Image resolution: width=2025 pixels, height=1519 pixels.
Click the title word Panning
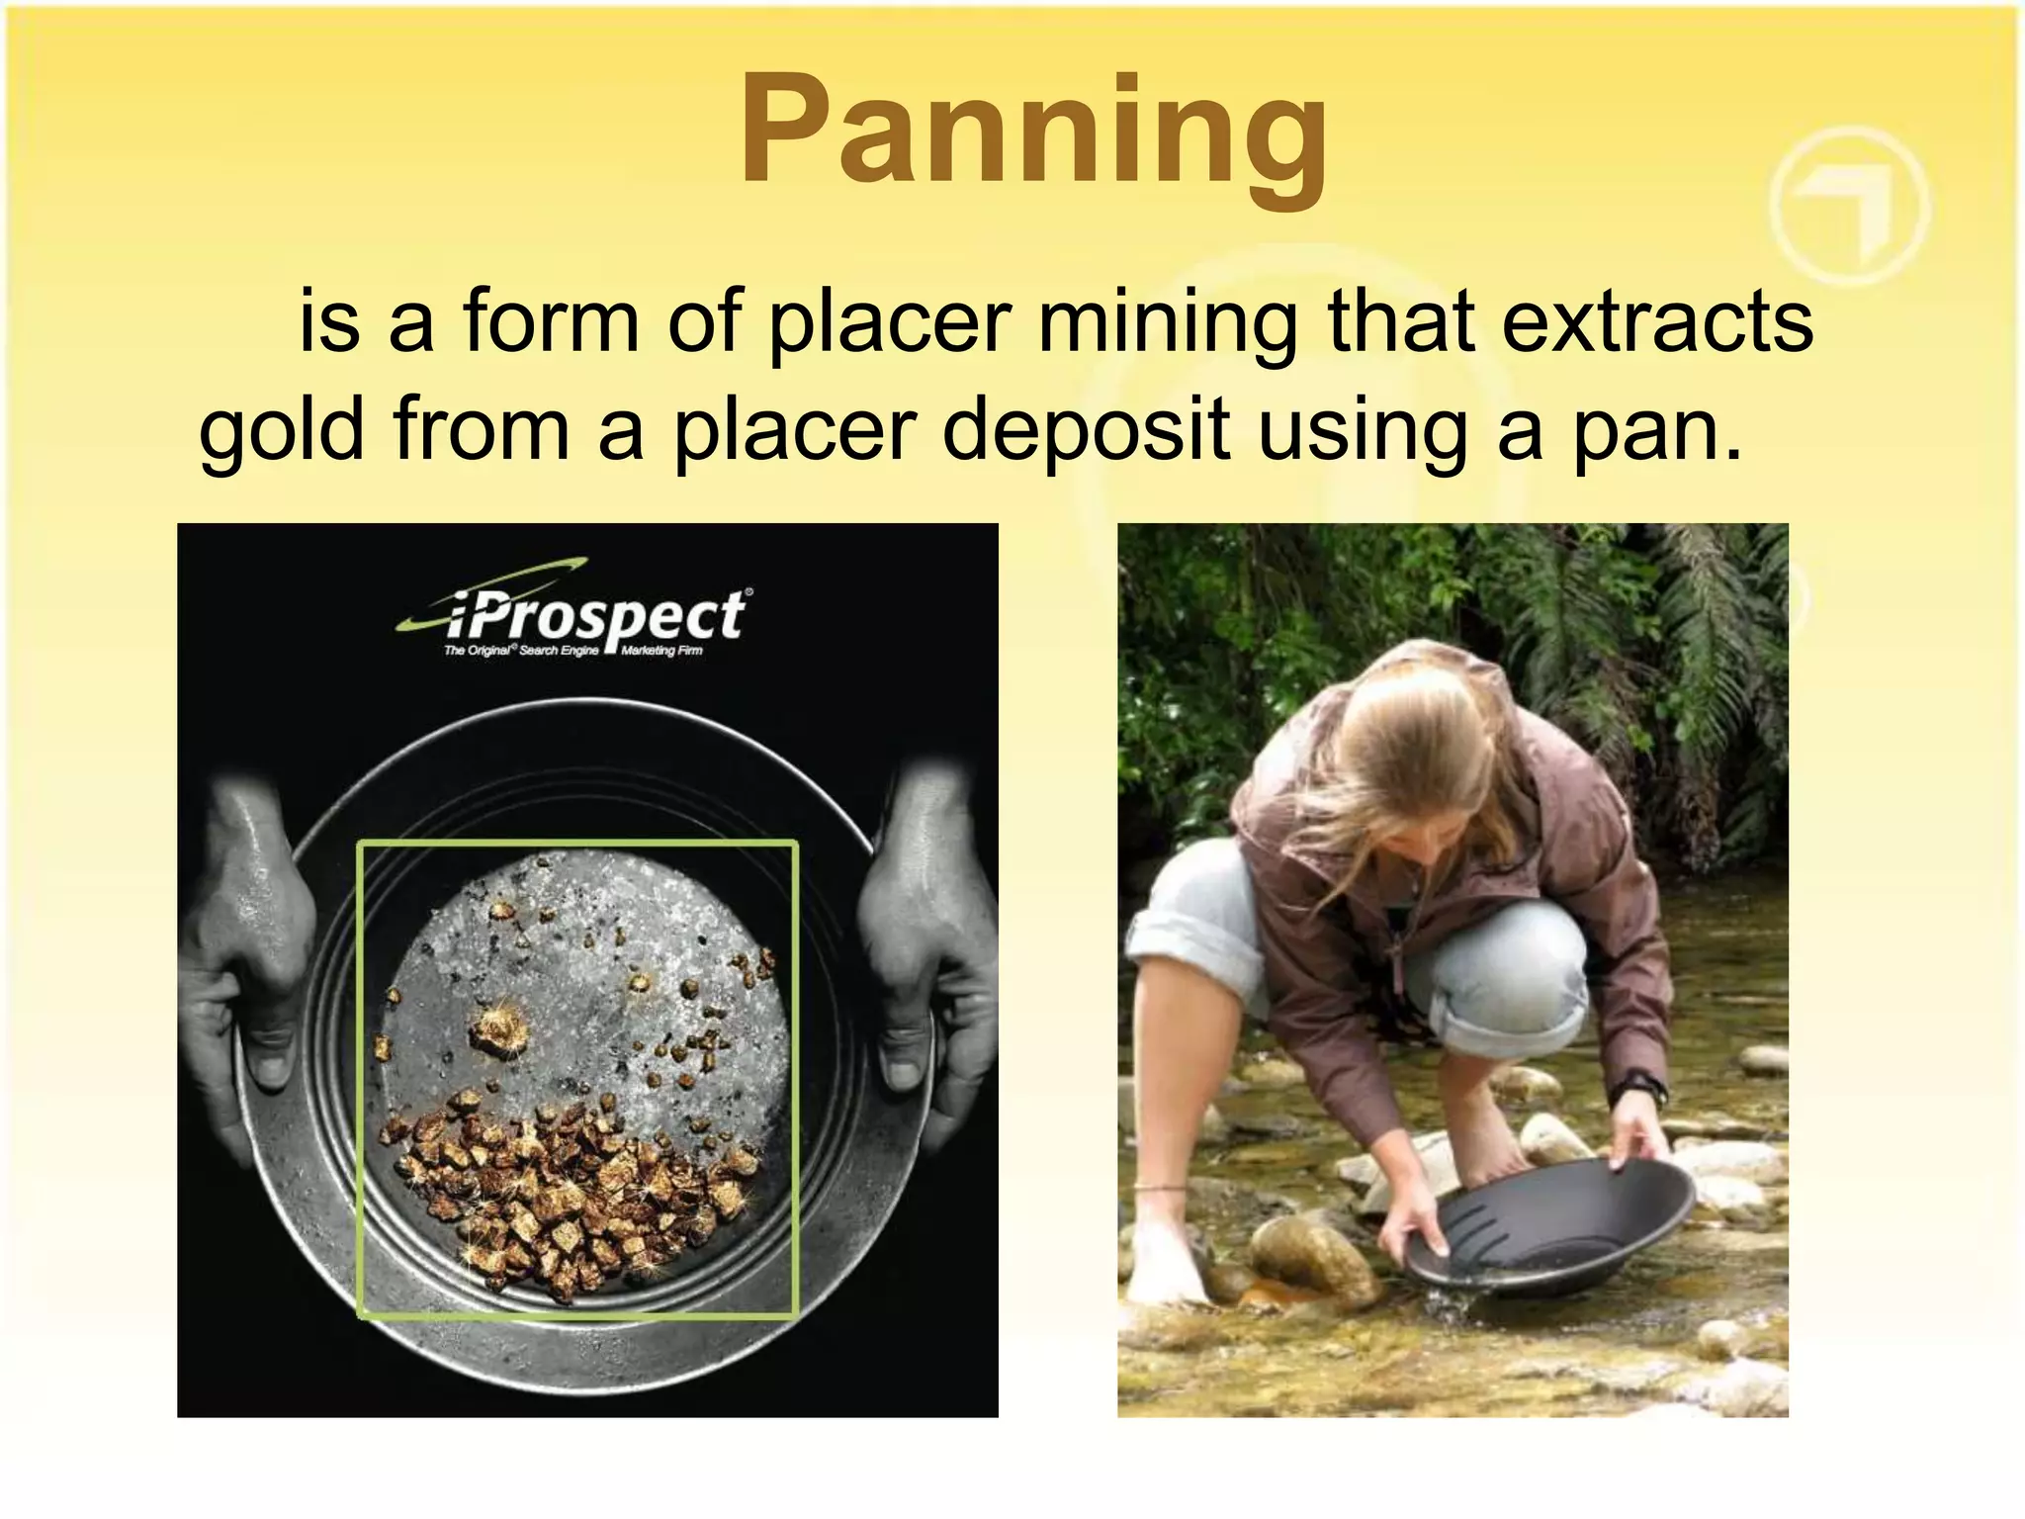1034,134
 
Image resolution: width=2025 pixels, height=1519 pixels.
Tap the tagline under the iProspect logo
573,651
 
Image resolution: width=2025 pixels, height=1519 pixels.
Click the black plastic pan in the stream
1552,1226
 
